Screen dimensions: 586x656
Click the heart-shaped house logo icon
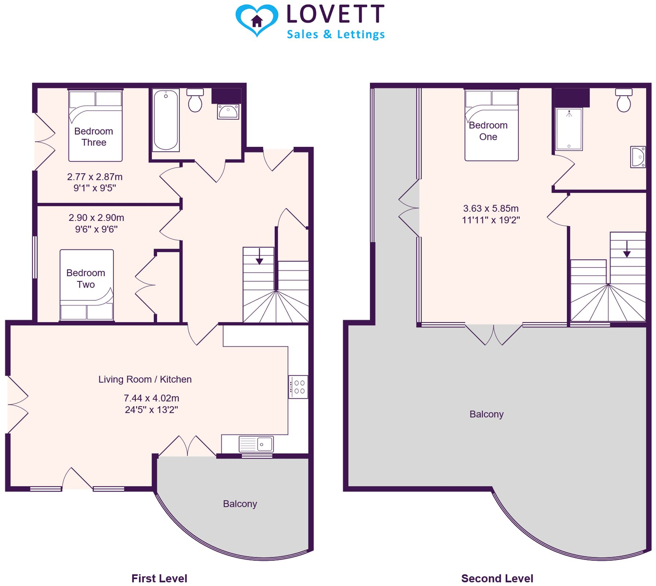click(x=256, y=20)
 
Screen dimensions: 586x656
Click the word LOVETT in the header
click(x=335, y=14)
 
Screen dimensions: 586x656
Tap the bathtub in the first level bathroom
click(x=166, y=120)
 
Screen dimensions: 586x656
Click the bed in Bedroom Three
click(x=95, y=125)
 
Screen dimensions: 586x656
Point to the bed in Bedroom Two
click(x=87, y=285)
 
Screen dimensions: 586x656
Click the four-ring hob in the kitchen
click(x=298, y=387)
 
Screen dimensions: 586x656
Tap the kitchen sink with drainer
click(x=256, y=444)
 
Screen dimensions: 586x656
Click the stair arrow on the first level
click(x=259, y=256)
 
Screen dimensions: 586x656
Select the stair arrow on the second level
click(x=627, y=249)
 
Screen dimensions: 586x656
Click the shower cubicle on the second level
click(x=569, y=129)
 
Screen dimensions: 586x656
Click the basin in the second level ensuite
click(x=638, y=157)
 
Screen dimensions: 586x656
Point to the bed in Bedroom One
click(x=491, y=125)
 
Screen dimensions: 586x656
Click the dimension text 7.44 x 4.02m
click(x=151, y=398)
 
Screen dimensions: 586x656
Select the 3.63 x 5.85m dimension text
click(x=491, y=209)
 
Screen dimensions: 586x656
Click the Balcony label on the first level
click(x=240, y=504)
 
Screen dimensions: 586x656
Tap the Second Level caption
click(x=497, y=578)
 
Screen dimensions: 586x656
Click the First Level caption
click(x=159, y=578)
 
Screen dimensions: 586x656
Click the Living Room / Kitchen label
click(x=145, y=379)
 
